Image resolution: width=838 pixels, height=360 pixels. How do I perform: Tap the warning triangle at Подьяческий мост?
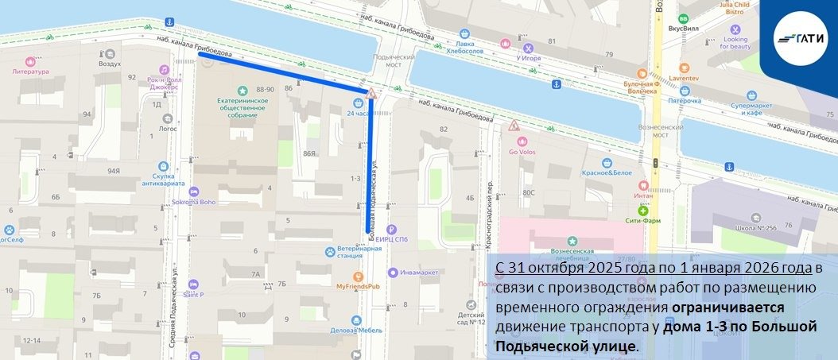pyautogui.click(x=371, y=95)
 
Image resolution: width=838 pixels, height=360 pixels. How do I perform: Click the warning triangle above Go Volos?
pyautogui.click(x=514, y=126)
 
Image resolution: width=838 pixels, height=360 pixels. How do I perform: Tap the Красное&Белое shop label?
pyautogui.click(x=606, y=172)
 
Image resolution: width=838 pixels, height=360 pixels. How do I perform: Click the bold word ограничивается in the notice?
pyautogui.click(x=728, y=308)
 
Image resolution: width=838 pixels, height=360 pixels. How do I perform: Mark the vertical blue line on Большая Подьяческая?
pyautogui.click(x=370, y=167)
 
